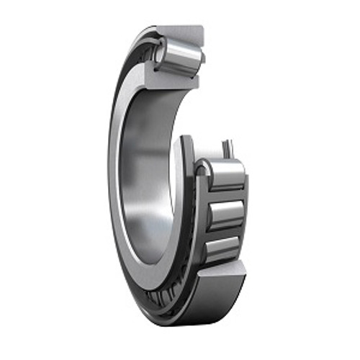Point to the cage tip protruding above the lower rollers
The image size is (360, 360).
[227, 148]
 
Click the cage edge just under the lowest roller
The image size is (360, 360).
[220, 261]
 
